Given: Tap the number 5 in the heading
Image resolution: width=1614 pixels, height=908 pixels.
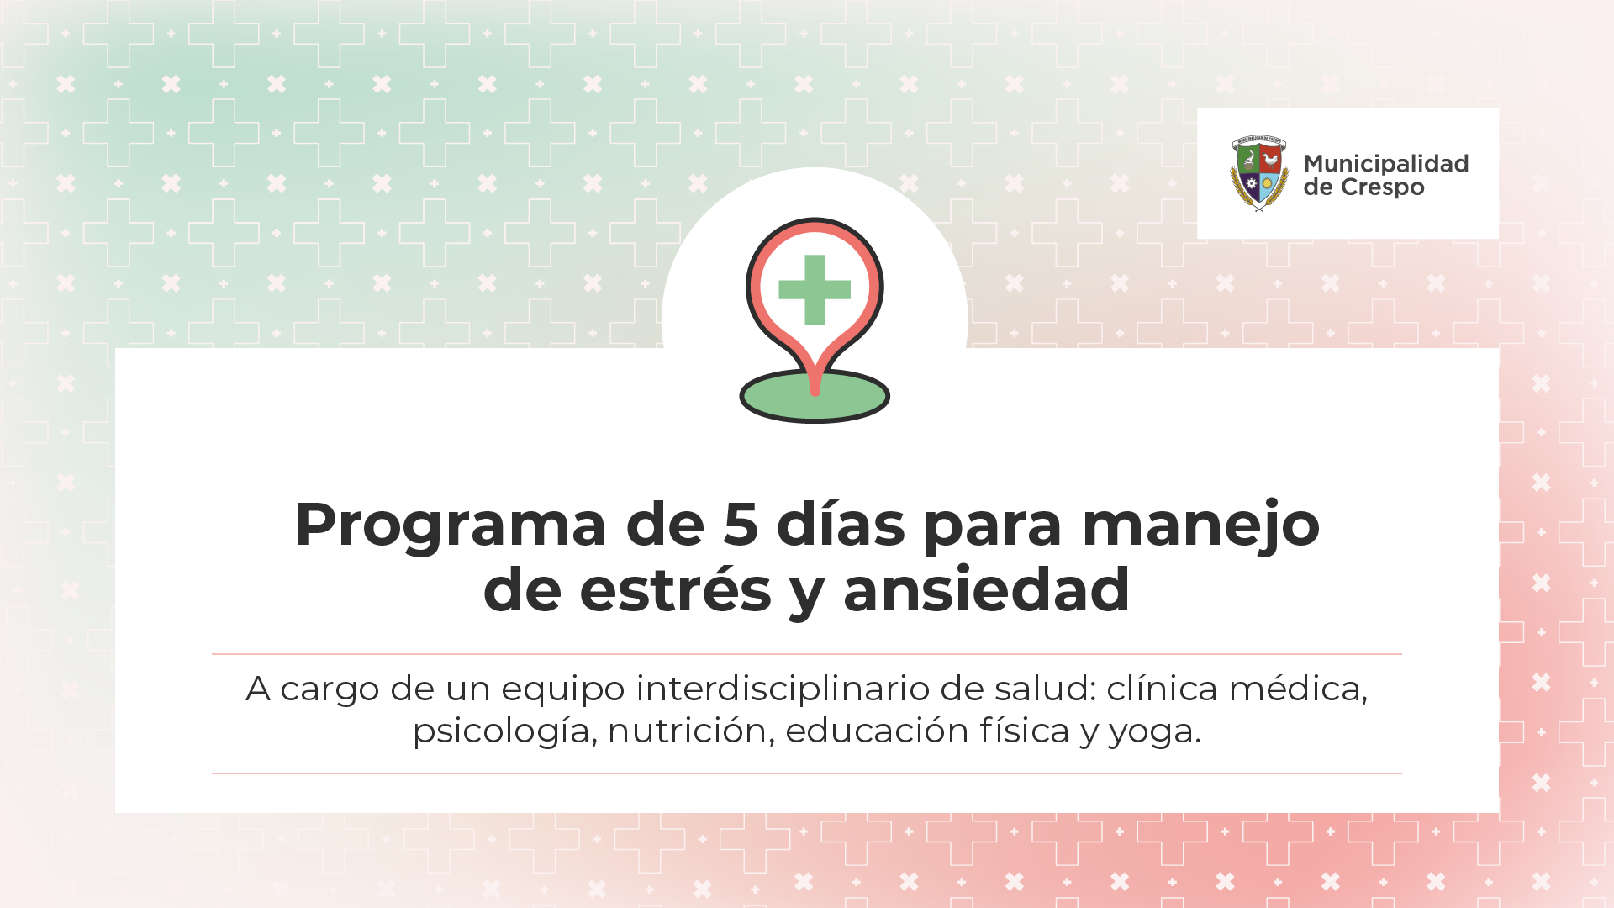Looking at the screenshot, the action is [741, 525].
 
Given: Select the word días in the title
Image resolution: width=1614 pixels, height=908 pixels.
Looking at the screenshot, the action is [841, 523].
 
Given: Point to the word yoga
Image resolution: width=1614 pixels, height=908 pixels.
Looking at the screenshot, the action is [1154, 733].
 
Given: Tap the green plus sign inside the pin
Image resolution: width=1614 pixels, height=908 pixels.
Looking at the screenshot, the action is [815, 289].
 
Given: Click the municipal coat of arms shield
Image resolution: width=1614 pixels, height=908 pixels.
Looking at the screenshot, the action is [1258, 173].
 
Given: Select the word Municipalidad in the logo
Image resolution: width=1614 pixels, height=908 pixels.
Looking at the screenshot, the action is [1386, 164].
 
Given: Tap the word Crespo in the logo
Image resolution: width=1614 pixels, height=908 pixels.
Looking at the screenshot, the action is [1383, 188].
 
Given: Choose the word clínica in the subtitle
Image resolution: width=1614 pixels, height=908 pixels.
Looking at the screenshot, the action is [1162, 689].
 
